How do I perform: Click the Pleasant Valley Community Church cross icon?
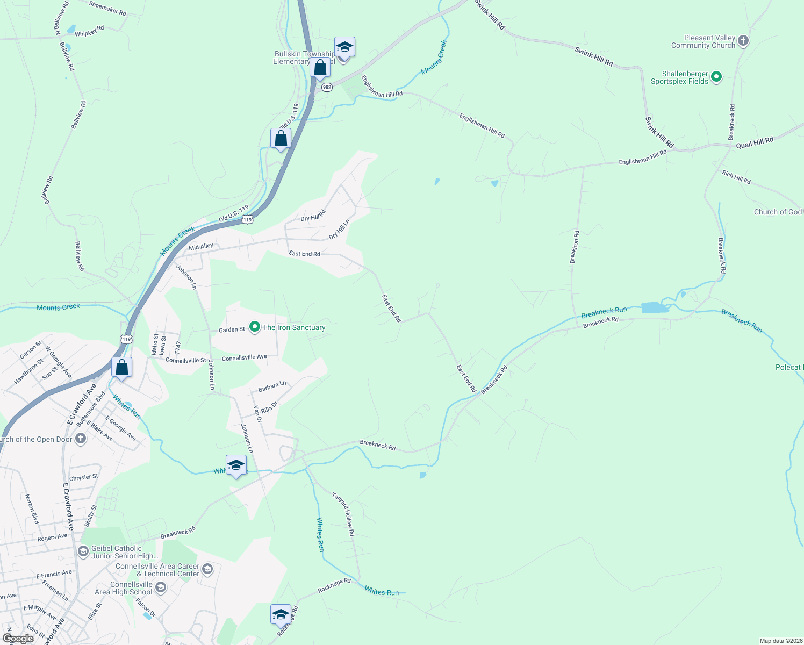743,41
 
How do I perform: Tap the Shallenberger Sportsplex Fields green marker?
716,77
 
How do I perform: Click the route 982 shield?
327,87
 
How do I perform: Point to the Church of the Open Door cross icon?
80,439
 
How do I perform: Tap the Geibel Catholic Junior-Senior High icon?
83,551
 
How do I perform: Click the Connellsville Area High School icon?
161,588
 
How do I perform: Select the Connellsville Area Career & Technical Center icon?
207,569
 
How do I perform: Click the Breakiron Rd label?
575,247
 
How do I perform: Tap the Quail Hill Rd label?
755,142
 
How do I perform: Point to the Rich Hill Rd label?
736,177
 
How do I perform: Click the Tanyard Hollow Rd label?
343,514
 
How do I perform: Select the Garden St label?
232,329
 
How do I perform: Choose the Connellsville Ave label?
245,357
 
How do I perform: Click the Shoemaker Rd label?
107,8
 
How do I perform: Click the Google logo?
18,639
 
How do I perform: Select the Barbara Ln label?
272,386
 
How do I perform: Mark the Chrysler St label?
84,477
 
